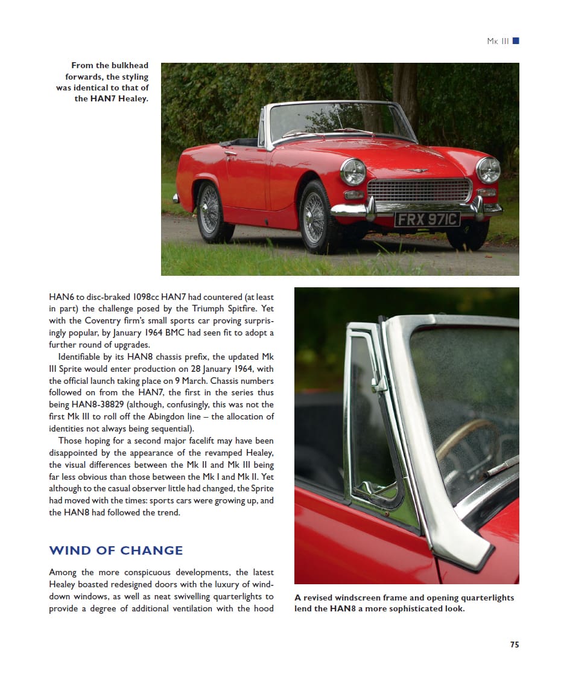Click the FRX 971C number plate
click(x=427, y=219)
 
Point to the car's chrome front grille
click(x=419, y=191)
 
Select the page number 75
click(x=514, y=645)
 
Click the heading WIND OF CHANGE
click(x=116, y=550)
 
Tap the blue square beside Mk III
click(x=516, y=41)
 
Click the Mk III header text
click(x=498, y=41)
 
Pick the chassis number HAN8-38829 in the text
click(x=97, y=404)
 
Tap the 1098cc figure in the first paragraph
click(x=144, y=297)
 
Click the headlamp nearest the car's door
click(x=353, y=171)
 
